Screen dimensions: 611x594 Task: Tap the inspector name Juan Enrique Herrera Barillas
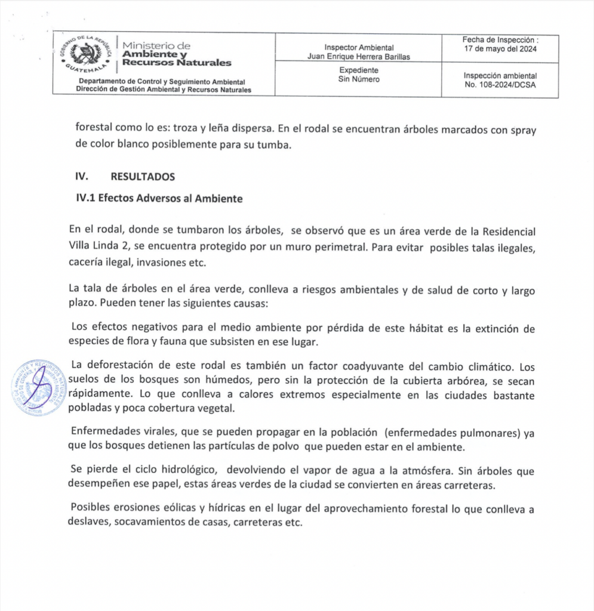coord(358,57)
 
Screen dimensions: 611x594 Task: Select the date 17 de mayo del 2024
coord(500,50)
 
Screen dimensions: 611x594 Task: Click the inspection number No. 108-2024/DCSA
coord(500,85)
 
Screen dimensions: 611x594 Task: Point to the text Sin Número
coord(358,79)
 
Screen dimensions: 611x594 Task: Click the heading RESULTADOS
coord(143,177)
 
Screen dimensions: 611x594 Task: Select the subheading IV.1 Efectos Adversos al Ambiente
coord(159,199)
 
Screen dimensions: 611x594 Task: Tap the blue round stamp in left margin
coord(37,388)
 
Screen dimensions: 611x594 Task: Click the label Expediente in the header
coord(358,70)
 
